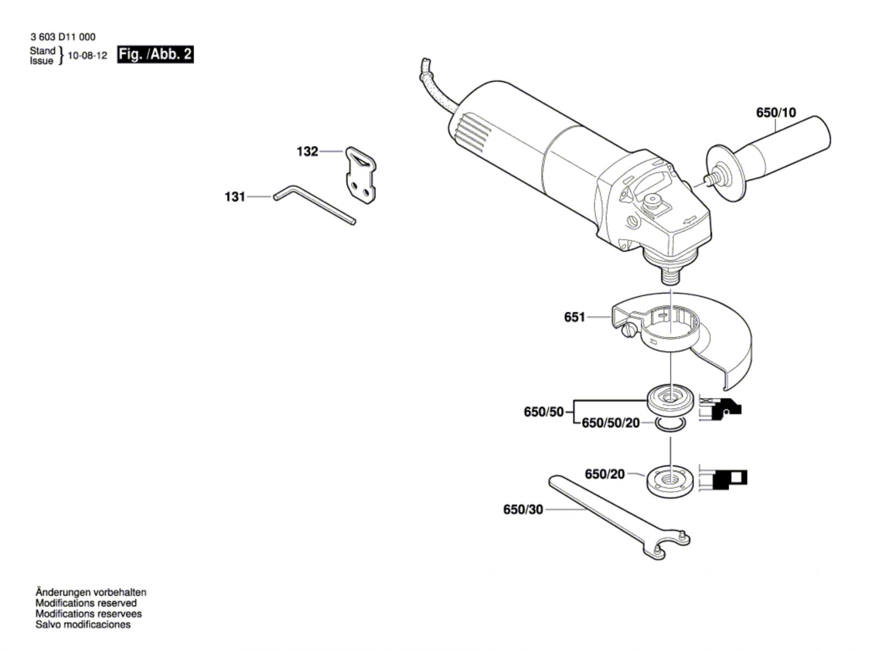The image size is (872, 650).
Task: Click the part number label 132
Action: click(307, 151)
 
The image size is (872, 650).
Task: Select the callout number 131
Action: click(235, 197)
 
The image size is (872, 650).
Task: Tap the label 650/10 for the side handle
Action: click(776, 113)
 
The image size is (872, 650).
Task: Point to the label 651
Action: click(574, 317)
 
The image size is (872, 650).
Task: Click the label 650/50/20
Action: click(610, 423)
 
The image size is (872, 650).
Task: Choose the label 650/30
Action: click(523, 510)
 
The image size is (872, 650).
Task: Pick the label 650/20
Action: click(604, 475)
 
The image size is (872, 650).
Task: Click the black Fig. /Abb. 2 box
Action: click(155, 54)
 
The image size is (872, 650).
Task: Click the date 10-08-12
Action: click(87, 56)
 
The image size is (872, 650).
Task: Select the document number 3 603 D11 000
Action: click(63, 37)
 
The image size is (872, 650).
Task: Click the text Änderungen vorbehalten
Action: click(90, 592)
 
